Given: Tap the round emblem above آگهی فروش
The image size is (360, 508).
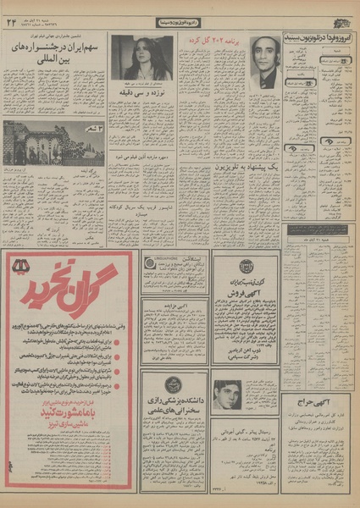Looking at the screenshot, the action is point(246,264).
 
